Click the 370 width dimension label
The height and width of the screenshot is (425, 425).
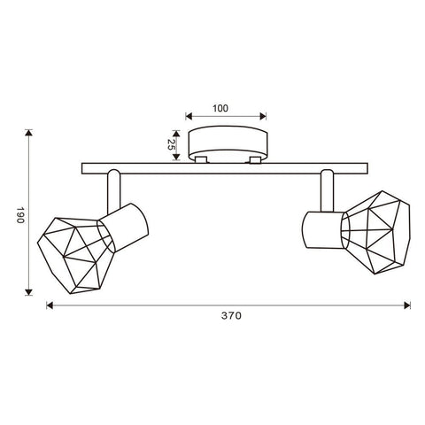(x=231, y=316)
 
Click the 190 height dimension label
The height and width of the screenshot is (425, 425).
(x=19, y=215)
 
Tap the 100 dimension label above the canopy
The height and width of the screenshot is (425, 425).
(x=220, y=108)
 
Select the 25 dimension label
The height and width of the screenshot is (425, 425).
(x=170, y=144)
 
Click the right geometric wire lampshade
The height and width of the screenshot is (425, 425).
(x=375, y=232)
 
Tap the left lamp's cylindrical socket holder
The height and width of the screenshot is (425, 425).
(x=123, y=228)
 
